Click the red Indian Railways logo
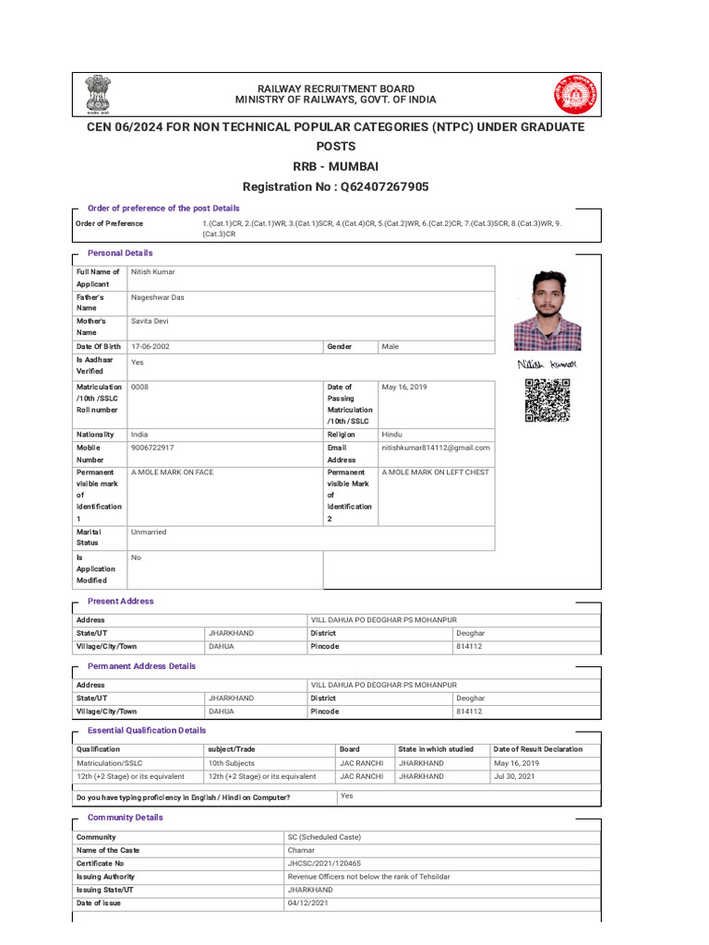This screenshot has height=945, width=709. pyautogui.click(x=575, y=94)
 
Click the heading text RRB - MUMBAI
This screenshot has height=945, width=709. pyautogui.click(x=335, y=167)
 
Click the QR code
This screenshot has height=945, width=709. pyautogui.click(x=547, y=401)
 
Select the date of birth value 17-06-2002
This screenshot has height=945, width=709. pyautogui.click(x=150, y=347)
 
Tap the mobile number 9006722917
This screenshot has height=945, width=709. pyautogui.click(x=152, y=448)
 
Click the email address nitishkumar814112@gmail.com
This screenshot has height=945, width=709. pyautogui.click(x=436, y=448)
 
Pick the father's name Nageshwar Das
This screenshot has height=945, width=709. pyautogui.click(x=158, y=298)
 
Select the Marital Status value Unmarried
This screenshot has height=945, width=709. pyautogui.click(x=150, y=532)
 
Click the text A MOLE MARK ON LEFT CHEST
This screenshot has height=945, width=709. pyautogui.click(x=436, y=472)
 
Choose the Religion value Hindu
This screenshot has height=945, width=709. pyautogui.click(x=392, y=434)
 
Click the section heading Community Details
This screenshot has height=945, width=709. pyautogui.click(x=125, y=818)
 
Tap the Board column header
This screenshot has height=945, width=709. pyautogui.click(x=350, y=749)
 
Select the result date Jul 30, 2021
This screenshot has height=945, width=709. pyautogui.click(x=515, y=776)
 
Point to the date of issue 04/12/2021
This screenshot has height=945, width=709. pyautogui.click(x=307, y=903)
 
